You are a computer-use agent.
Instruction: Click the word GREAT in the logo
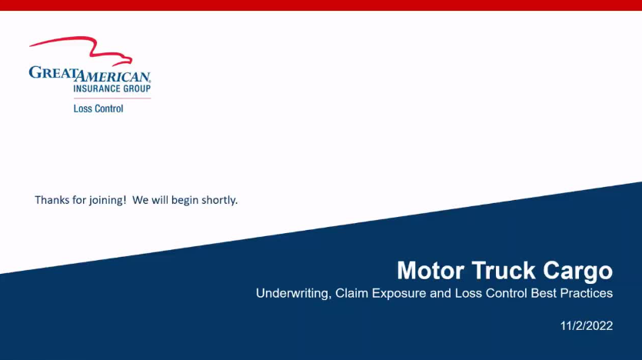tap(53, 73)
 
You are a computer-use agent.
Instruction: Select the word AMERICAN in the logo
tap(114, 75)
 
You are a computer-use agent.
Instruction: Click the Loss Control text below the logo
tap(98, 108)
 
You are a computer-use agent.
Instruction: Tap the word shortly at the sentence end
tap(219, 201)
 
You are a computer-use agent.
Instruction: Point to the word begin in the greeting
tap(185, 201)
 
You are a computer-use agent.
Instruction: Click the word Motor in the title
tap(431, 271)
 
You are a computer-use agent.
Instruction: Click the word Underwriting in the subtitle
tap(293, 294)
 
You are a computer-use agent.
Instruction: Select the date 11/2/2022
tap(587, 326)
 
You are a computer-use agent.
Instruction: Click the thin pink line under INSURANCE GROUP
tap(112, 98)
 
